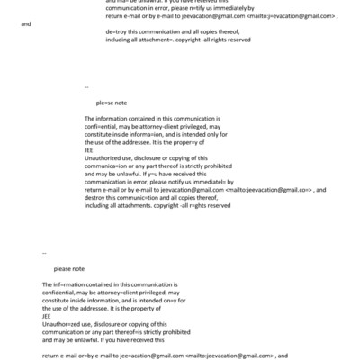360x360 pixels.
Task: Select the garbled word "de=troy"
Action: point(117,56)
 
